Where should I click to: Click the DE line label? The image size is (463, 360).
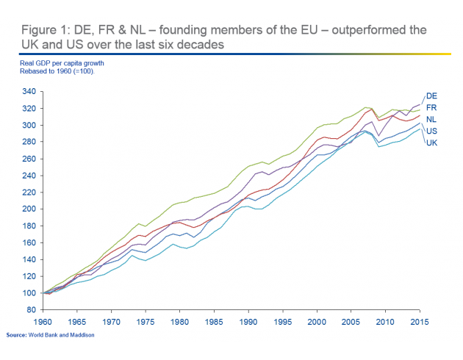[432, 96]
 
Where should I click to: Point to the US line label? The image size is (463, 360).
[432, 130]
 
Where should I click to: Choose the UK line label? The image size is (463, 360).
[432, 142]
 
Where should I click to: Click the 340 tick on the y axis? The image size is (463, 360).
[29, 92]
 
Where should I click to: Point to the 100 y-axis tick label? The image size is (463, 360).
[29, 293]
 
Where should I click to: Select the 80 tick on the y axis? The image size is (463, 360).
[32, 310]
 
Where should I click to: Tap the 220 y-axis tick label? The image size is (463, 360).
[29, 192]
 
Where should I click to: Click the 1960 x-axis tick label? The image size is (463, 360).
[45, 322]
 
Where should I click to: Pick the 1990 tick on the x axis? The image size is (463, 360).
[248, 322]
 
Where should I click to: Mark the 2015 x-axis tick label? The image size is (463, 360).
[419, 322]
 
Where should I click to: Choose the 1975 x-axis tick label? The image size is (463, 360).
[147, 322]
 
